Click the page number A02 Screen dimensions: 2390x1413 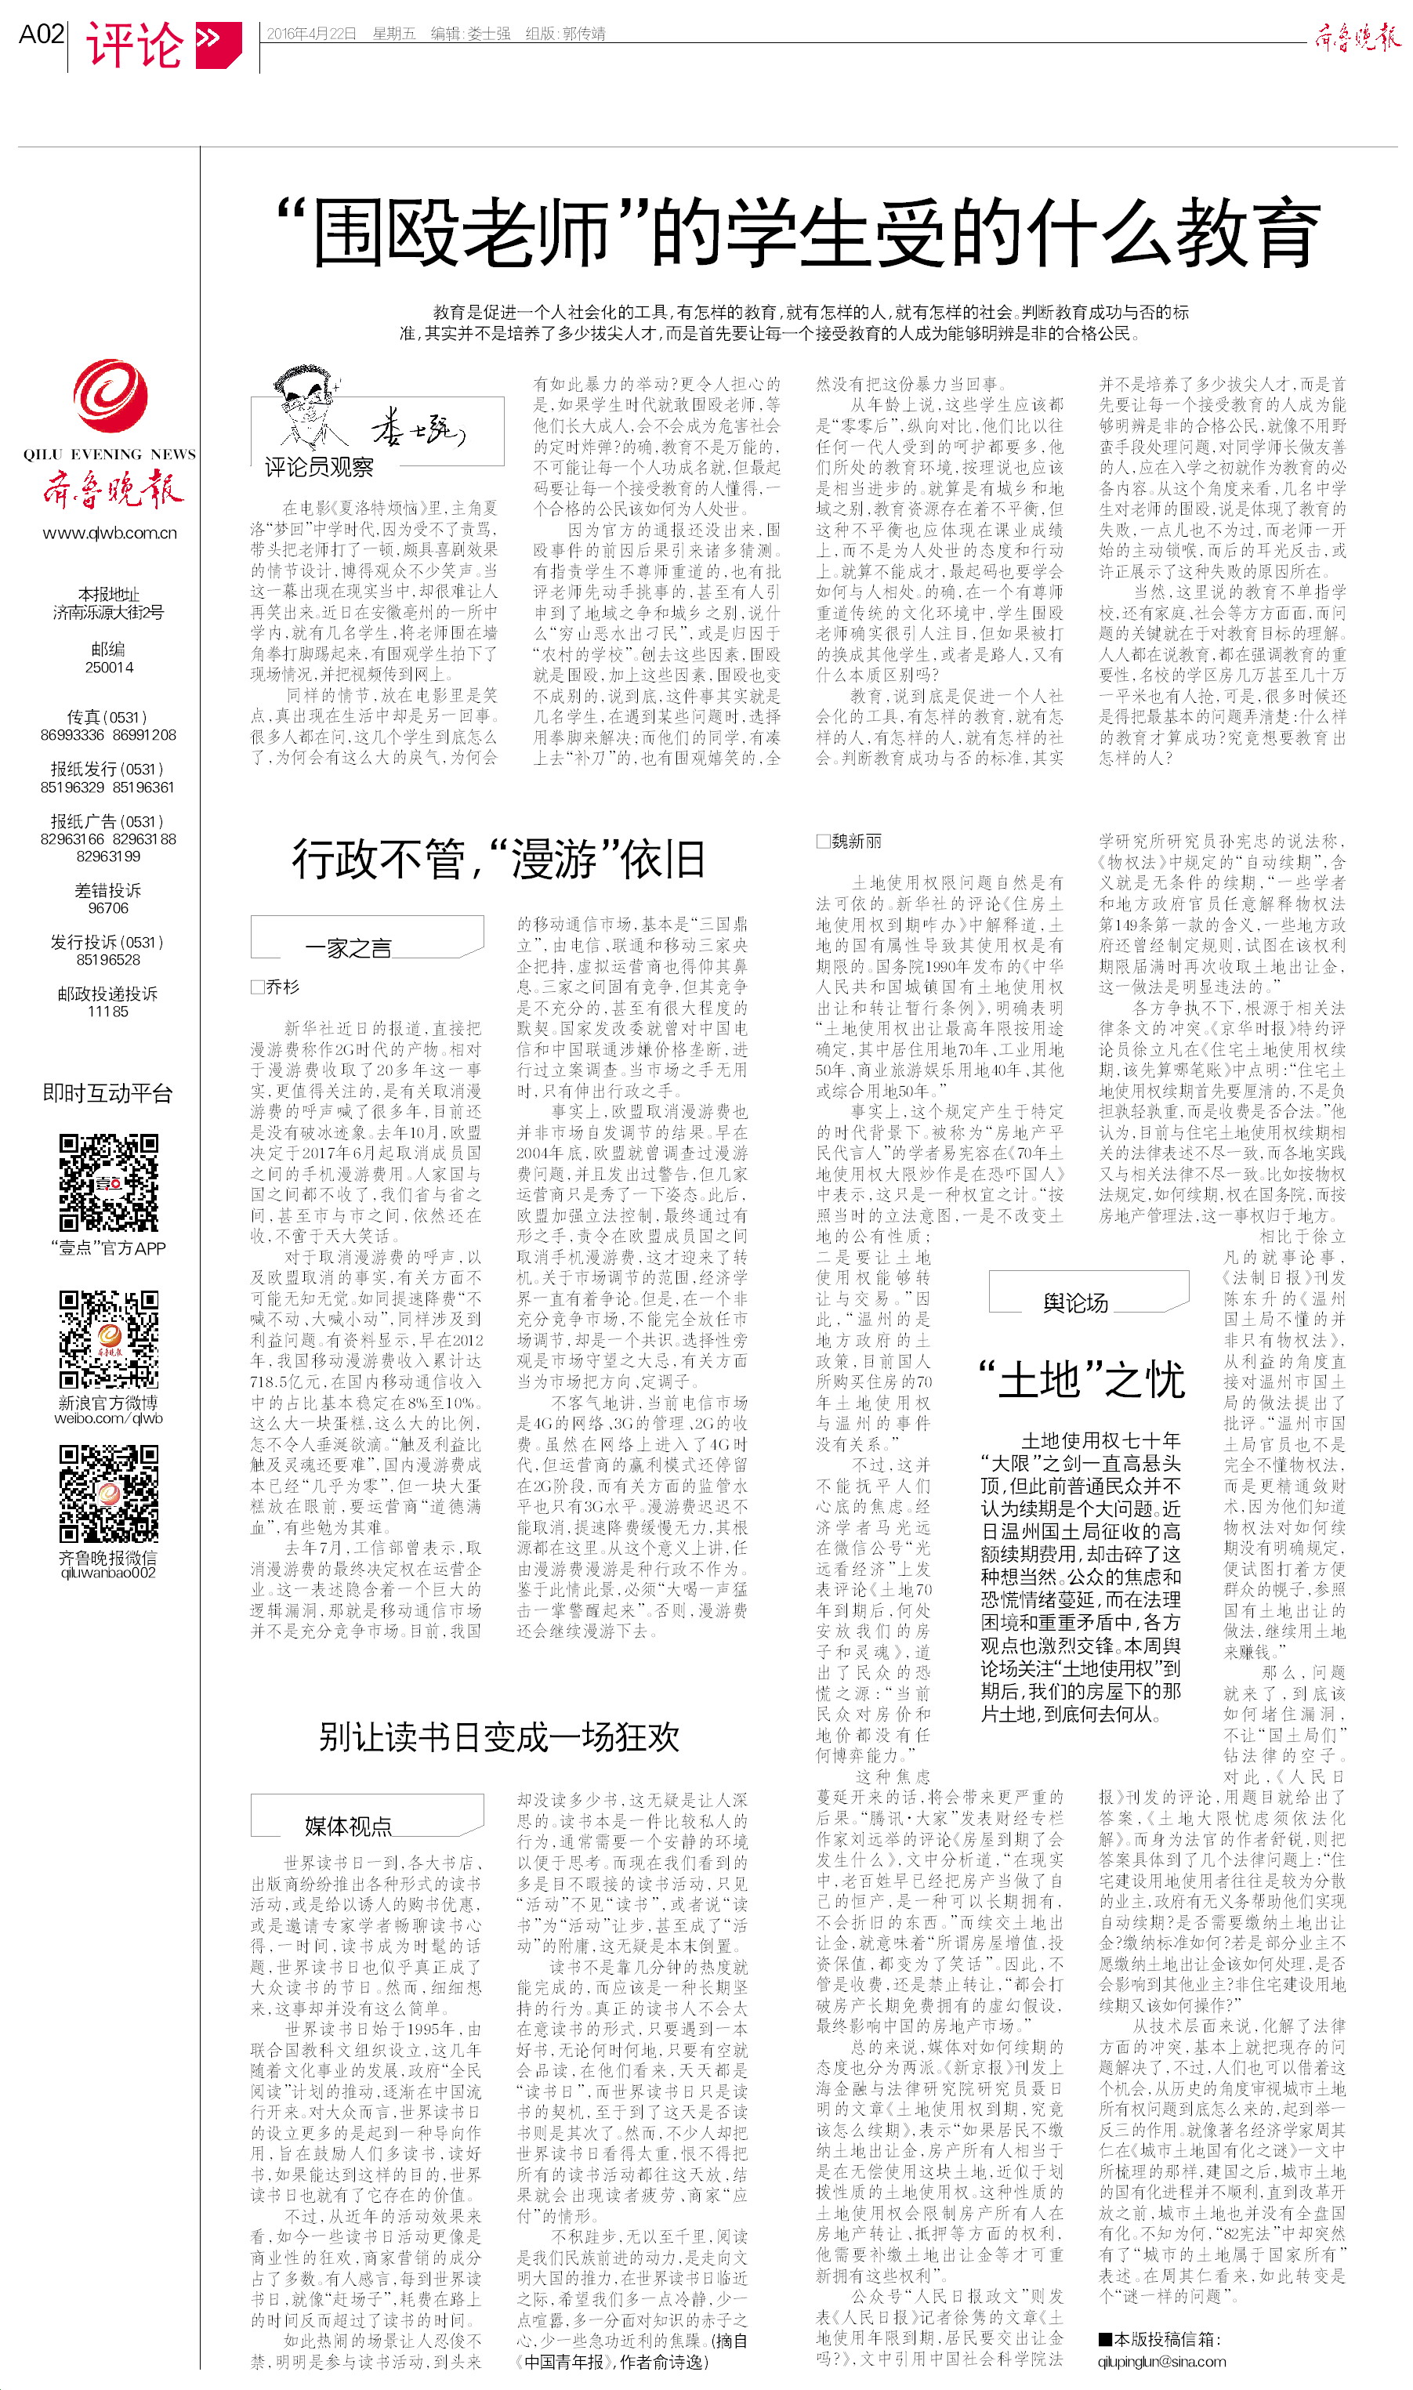[x=41, y=35]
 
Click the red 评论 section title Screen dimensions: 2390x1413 [x=134, y=45]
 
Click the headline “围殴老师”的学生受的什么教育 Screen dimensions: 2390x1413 [x=797, y=232]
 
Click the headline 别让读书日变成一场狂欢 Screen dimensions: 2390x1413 [x=499, y=1737]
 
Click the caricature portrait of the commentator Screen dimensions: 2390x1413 [x=306, y=409]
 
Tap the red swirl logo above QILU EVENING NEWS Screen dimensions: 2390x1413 [x=110, y=395]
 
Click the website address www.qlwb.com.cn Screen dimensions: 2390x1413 [x=110, y=533]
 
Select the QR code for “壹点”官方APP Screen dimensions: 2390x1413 [x=109, y=1183]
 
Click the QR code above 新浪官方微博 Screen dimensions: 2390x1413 [x=109, y=1339]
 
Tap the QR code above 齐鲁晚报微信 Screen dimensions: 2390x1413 [x=109, y=1494]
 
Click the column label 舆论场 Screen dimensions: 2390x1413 [x=1075, y=1303]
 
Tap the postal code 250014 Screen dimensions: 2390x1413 [x=110, y=667]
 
